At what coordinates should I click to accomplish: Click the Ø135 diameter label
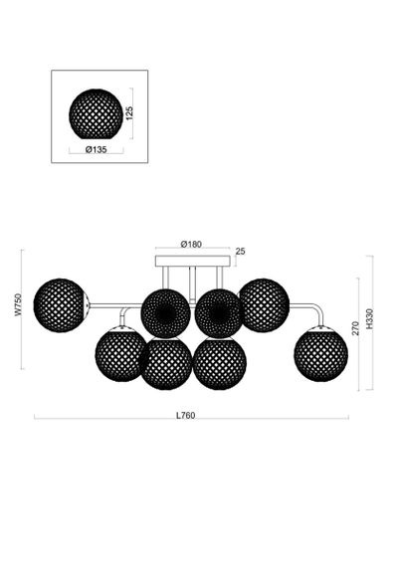pyautogui.click(x=97, y=151)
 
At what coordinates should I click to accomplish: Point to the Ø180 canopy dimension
pyautogui.click(x=192, y=244)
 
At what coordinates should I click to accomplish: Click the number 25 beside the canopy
pyautogui.click(x=240, y=252)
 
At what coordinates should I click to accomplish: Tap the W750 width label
pyautogui.click(x=17, y=301)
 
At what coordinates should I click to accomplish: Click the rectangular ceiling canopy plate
pyautogui.click(x=192, y=262)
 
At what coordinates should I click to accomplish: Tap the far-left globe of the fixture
pyautogui.click(x=60, y=303)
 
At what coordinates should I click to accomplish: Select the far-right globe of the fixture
pyautogui.click(x=320, y=353)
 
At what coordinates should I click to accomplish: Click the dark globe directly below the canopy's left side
pyautogui.click(x=165, y=312)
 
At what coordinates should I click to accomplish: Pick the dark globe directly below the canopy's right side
pyautogui.click(x=219, y=312)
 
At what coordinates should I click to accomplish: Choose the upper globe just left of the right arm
pyautogui.click(x=264, y=303)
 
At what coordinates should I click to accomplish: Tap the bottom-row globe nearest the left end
pyautogui.click(x=121, y=355)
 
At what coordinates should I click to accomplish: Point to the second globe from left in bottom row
pyautogui.click(x=166, y=364)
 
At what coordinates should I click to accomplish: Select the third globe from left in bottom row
pyautogui.click(x=218, y=364)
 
